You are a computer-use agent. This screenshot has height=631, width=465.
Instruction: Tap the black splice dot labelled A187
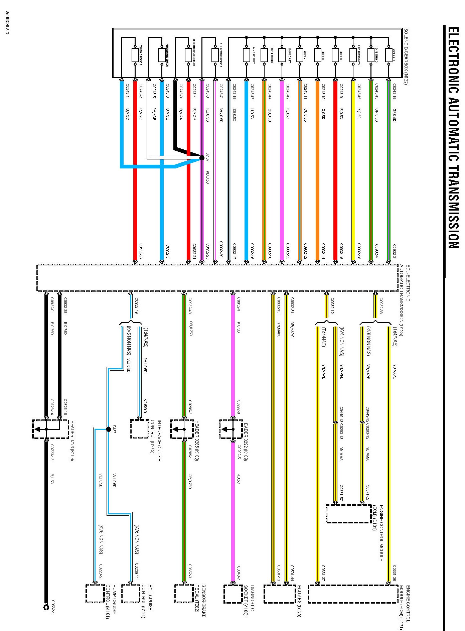[x=202, y=157]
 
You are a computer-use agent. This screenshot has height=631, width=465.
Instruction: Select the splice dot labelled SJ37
[x=108, y=429]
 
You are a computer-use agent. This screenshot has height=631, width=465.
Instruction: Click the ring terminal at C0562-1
[x=46, y=607]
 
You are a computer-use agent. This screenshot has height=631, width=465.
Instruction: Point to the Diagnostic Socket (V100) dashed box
[x=233, y=594]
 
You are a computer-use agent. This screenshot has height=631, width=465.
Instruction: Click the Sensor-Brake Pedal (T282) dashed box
[x=184, y=594]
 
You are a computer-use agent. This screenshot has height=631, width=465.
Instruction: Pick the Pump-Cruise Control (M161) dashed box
[x=95, y=594]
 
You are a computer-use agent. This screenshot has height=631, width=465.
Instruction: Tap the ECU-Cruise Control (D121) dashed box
[x=131, y=594]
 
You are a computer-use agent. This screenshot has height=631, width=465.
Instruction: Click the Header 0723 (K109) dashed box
[x=50, y=429]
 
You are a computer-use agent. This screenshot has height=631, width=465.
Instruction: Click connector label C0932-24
[x=141, y=251]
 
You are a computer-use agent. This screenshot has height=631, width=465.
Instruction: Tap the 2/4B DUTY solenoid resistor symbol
[x=389, y=55]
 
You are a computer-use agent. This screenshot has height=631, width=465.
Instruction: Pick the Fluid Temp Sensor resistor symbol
[x=215, y=55]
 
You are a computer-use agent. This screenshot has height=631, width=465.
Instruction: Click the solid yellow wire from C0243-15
[x=353, y=167]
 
